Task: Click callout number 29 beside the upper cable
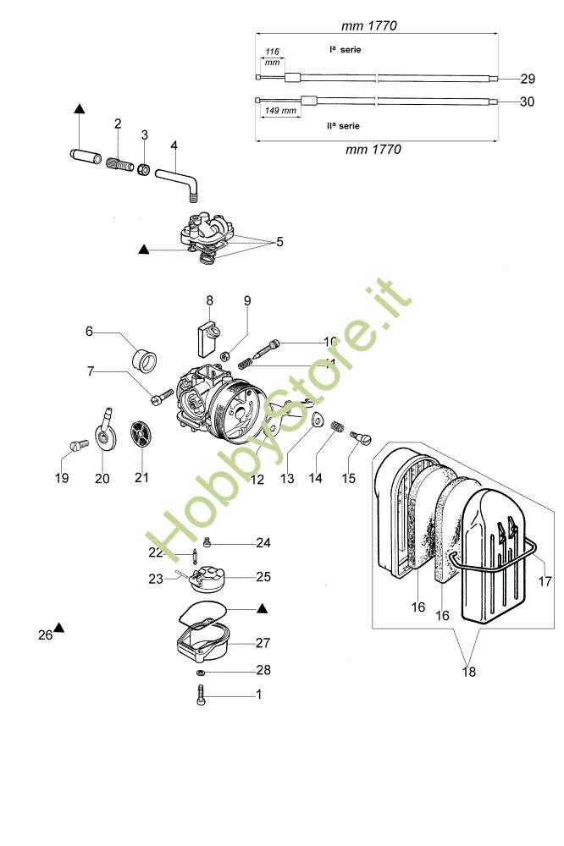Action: pyautogui.click(x=528, y=79)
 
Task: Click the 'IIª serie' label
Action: pyautogui.click(x=343, y=125)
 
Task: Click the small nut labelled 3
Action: pyautogui.click(x=144, y=170)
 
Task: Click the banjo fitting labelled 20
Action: pyautogui.click(x=105, y=431)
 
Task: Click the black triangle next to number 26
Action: pyautogui.click(x=61, y=628)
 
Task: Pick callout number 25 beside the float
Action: pyautogui.click(x=263, y=577)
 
